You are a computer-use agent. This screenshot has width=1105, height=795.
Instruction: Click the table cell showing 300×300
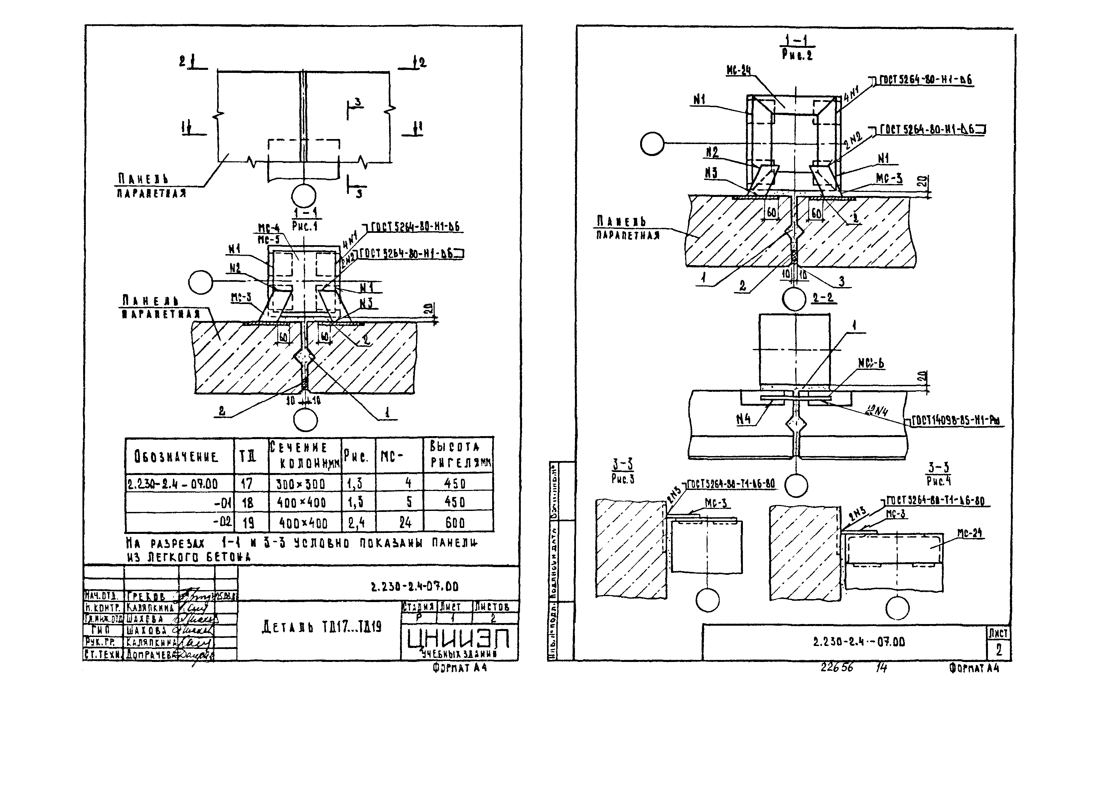pos(301,484)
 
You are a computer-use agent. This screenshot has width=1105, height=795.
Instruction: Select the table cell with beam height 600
pos(455,523)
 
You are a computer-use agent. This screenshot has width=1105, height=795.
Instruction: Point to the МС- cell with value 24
pos(405,523)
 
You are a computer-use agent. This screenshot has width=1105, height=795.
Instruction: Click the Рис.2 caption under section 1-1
pos(797,55)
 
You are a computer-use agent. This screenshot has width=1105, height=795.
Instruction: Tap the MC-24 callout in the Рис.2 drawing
pos(738,71)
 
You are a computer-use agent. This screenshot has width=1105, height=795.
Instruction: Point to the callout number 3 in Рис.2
pos(841,281)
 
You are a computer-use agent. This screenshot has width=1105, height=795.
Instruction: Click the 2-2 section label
pos(823,297)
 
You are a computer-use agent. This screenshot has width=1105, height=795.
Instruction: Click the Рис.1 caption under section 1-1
pos(305,226)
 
